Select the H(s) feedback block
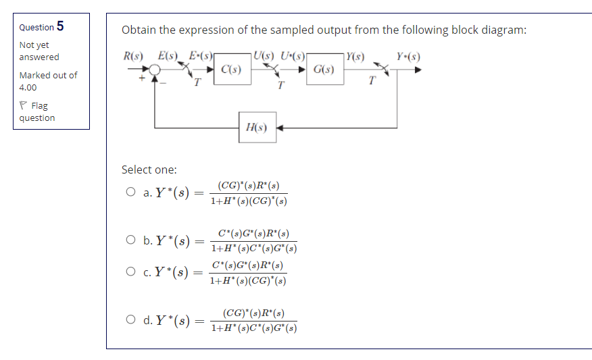click(257, 127)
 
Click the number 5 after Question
click(61, 26)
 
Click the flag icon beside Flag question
click(24, 105)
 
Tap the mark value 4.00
click(28, 87)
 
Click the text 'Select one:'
click(149, 170)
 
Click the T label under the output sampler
click(371, 81)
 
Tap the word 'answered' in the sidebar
click(39, 57)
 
